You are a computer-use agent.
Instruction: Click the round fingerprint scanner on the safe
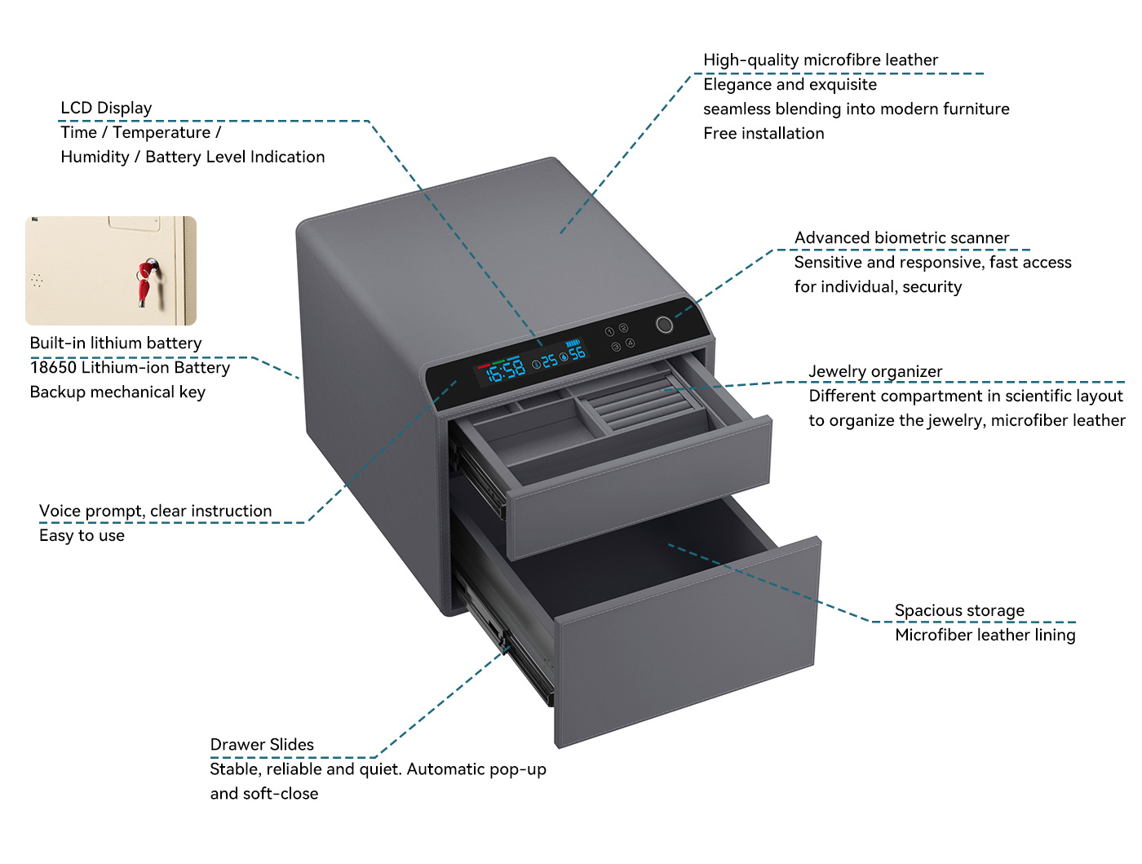[x=664, y=325]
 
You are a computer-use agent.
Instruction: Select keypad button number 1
[x=609, y=332]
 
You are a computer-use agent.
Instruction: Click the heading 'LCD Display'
[x=106, y=108]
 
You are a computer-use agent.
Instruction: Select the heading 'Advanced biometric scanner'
[x=901, y=237]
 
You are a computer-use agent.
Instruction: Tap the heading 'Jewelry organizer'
[x=875, y=371]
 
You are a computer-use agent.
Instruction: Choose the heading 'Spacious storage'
[x=959, y=610]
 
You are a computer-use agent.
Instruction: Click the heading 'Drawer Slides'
[x=262, y=744]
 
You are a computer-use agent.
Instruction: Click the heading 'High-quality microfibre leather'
[x=821, y=60]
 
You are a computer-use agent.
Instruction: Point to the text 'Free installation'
[x=764, y=133]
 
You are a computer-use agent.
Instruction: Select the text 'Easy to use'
[x=82, y=535]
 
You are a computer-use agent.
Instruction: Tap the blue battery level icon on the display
[x=573, y=343]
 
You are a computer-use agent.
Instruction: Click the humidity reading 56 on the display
[x=577, y=354]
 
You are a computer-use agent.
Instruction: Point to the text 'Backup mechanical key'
[x=117, y=392]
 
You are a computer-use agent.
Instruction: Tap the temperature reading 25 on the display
[x=549, y=361]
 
